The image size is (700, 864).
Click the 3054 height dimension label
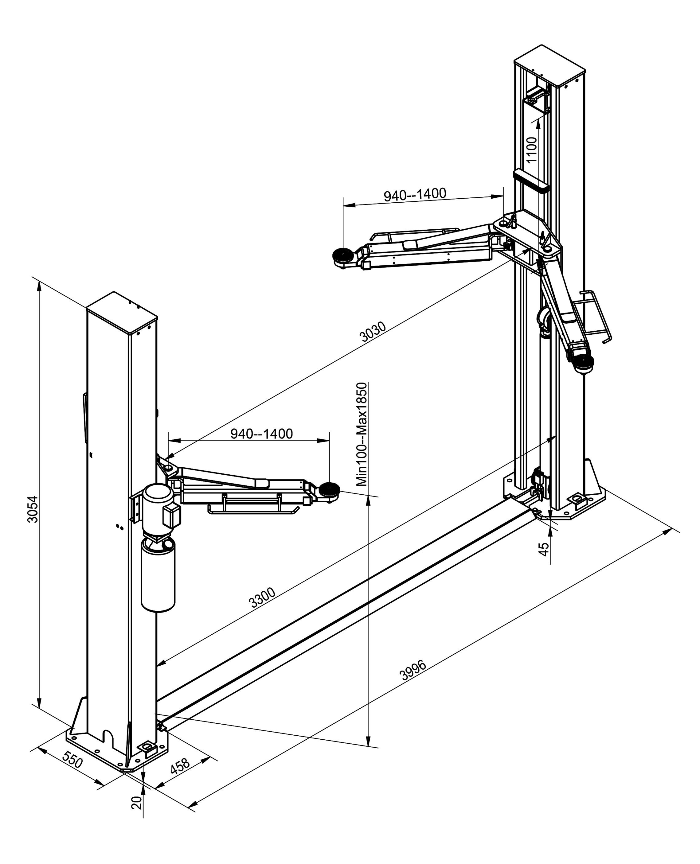point(33,509)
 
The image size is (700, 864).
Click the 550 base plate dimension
point(72,761)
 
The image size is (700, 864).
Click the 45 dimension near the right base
point(544,549)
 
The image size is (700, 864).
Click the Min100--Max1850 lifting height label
point(362,434)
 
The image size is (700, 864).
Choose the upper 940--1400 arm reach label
point(415,195)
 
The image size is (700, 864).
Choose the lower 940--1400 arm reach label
point(261,434)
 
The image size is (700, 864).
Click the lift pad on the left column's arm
point(328,491)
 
